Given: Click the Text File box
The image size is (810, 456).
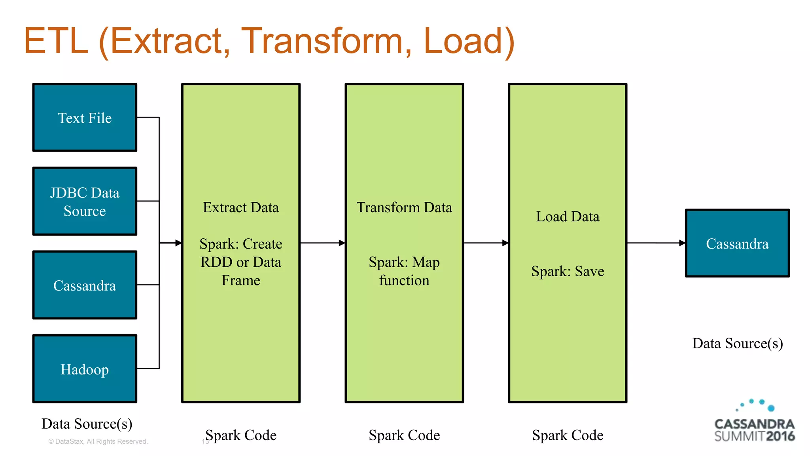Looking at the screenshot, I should click(x=85, y=118).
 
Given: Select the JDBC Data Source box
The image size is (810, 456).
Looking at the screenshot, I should click(x=85, y=201).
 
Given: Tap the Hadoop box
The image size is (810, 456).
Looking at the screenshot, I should click(x=85, y=369).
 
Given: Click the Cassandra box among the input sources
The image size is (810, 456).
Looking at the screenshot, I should click(x=85, y=285).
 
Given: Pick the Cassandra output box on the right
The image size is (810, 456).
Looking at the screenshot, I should click(x=737, y=243).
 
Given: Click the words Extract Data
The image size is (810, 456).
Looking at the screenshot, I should click(x=240, y=207).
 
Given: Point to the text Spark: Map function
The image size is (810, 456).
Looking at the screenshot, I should click(x=404, y=271).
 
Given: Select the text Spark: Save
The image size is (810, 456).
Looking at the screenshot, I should click(x=567, y=271).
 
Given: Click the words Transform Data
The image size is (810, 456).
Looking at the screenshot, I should click(x=404, y=207).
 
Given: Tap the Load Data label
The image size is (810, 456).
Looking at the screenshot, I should click(x=567, y=217).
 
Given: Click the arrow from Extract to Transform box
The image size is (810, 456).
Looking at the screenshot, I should click(x=322, y=243).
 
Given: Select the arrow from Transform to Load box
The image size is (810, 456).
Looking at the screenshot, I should click(x=486, y=243).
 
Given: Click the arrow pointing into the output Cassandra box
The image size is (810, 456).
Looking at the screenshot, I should click(x=656, y=243).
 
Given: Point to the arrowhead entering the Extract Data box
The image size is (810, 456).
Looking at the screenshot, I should click(x=178, y=243).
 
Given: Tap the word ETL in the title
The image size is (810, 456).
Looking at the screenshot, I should click(x=56, y=41).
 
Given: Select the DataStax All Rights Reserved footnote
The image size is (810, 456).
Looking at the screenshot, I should click(x=98, y=441).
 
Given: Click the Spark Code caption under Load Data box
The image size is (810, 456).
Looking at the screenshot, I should click(x=567, y=435).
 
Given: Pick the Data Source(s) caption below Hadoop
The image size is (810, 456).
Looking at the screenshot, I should click(x=87, y=424).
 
